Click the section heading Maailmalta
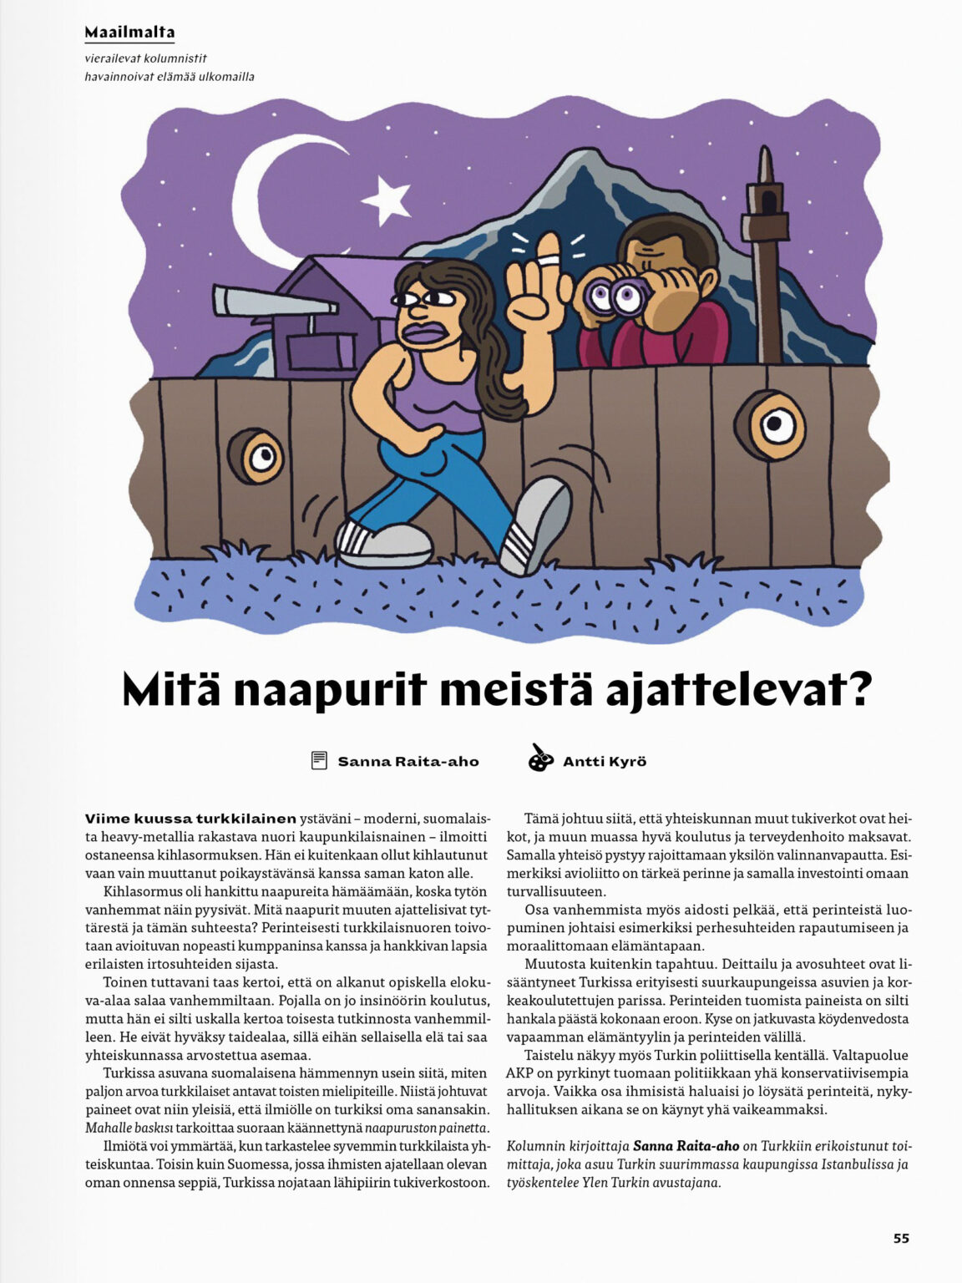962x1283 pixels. point(129,33)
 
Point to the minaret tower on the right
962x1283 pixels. point(762,251)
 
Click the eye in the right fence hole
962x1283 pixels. point(777,426)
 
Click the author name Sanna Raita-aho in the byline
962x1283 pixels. point(408,761)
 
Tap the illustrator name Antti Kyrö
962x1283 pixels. point(605,761)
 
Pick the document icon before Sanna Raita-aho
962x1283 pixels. point(319,760)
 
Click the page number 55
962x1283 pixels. point(901,1238)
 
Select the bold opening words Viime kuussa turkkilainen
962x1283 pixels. point(190,819)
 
